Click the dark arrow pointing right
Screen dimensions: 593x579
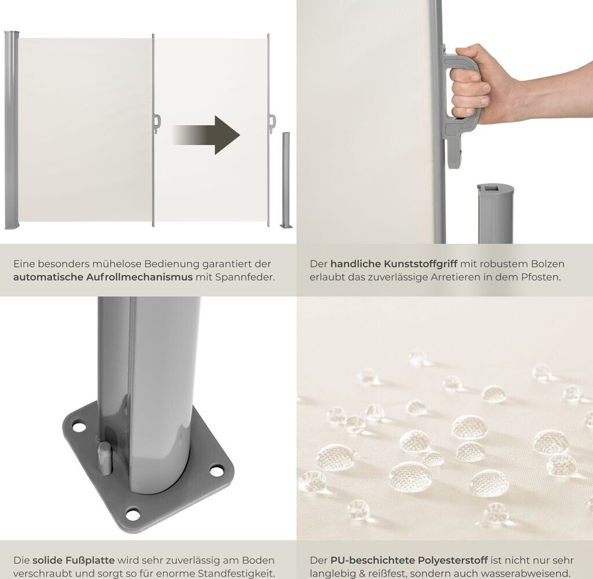point(206,135)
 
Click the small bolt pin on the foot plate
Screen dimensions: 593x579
point(104,457)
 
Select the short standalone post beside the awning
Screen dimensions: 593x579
point(286,180)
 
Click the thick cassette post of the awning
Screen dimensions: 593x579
point(12,130)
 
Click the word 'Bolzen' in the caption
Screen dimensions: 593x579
point(548,264)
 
